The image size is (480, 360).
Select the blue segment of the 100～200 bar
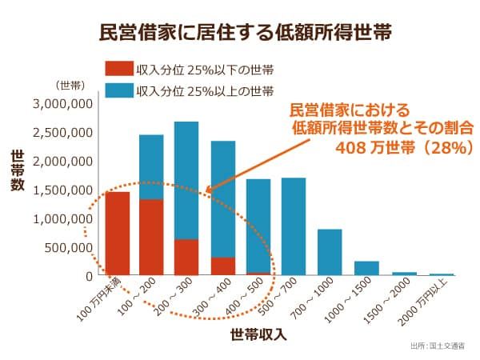click(x=151, y=166)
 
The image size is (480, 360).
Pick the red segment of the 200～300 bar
click(x=186, y=257)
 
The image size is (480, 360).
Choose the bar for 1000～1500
click(x=366, y=268)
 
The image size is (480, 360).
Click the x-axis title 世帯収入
click(x=258, y=334)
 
